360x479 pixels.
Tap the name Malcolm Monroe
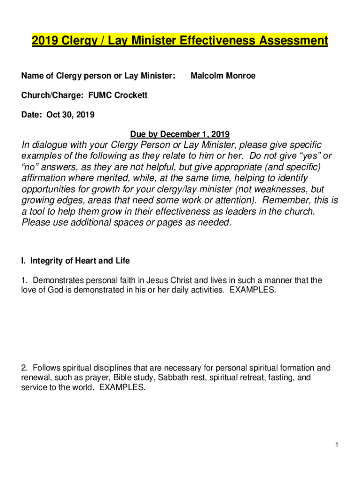click(223, 76)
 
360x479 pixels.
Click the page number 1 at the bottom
click(336, 445)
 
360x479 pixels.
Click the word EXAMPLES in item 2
click(122, 387)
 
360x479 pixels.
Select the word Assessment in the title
click(293, 41)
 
